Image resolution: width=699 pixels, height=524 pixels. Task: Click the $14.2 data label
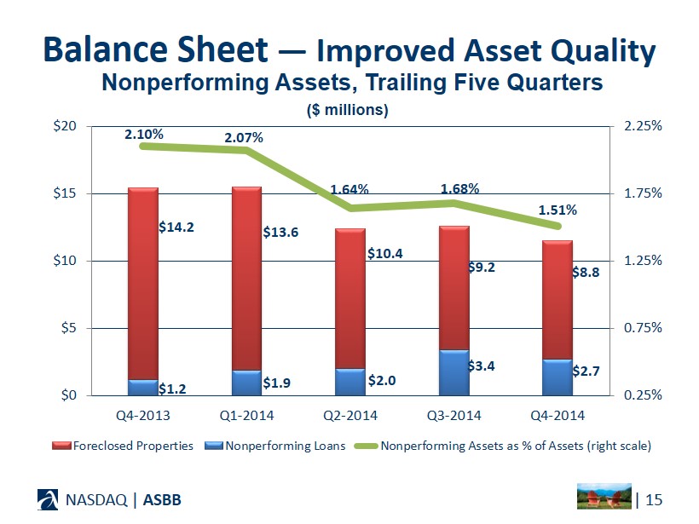pyautogui.click(x=176, y=227)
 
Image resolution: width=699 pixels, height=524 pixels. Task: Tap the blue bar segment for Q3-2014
pyautogui.click(x=453, y=373)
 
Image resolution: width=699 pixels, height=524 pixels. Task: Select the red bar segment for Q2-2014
pyautogui.click(x=350, y=298)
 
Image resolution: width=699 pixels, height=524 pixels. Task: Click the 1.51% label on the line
pyautogui.click(x=557, y=209)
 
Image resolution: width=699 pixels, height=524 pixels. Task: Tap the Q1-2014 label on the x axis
pyautogui.click(x=246, y=416)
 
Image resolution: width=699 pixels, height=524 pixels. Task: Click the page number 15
pyautogui.click(x=655, y=498)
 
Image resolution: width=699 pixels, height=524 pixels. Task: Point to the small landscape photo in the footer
pyautogui.click(x=605, y=497)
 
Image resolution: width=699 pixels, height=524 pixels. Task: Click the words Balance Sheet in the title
pyautogui.click(x=154, y=49)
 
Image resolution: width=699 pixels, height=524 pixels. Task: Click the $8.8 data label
pyautogui.click(x=586, y=274)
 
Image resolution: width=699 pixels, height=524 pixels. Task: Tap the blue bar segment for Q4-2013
pyautogui.click(x=143, y=388)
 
